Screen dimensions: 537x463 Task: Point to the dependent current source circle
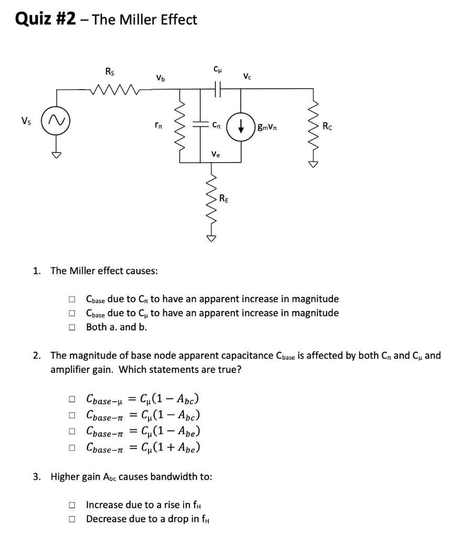[240, 126]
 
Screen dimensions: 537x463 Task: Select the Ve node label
[216, 154]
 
